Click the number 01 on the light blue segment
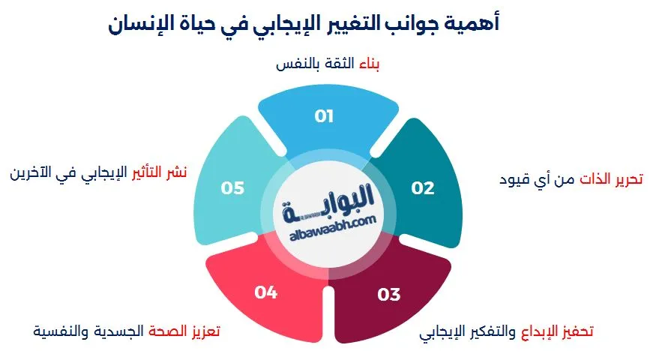coord(324,116)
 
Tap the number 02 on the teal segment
coord(423,187)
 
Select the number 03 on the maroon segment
coord(389,294)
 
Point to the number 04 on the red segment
coord(266,292)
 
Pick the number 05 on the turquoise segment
coord(232,187)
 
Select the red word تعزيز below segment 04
coord(203,330)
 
